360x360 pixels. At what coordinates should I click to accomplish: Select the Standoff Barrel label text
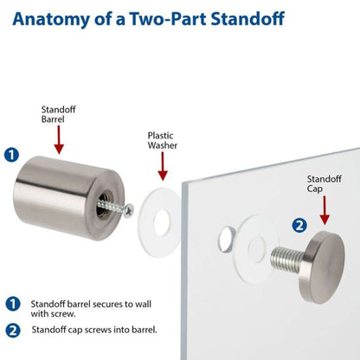tap(59, 115)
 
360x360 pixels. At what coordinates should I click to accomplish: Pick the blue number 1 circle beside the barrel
tap(11, 156)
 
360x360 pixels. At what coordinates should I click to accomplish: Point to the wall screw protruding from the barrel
tap(125, 208)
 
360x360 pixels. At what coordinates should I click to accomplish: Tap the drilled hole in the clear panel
tap(227, 235)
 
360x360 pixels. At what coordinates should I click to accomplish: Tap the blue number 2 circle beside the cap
tap(299, 226)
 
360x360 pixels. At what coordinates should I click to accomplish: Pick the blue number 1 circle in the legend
tap(12, 305)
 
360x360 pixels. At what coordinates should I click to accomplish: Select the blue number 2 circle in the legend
tap(12, 329)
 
